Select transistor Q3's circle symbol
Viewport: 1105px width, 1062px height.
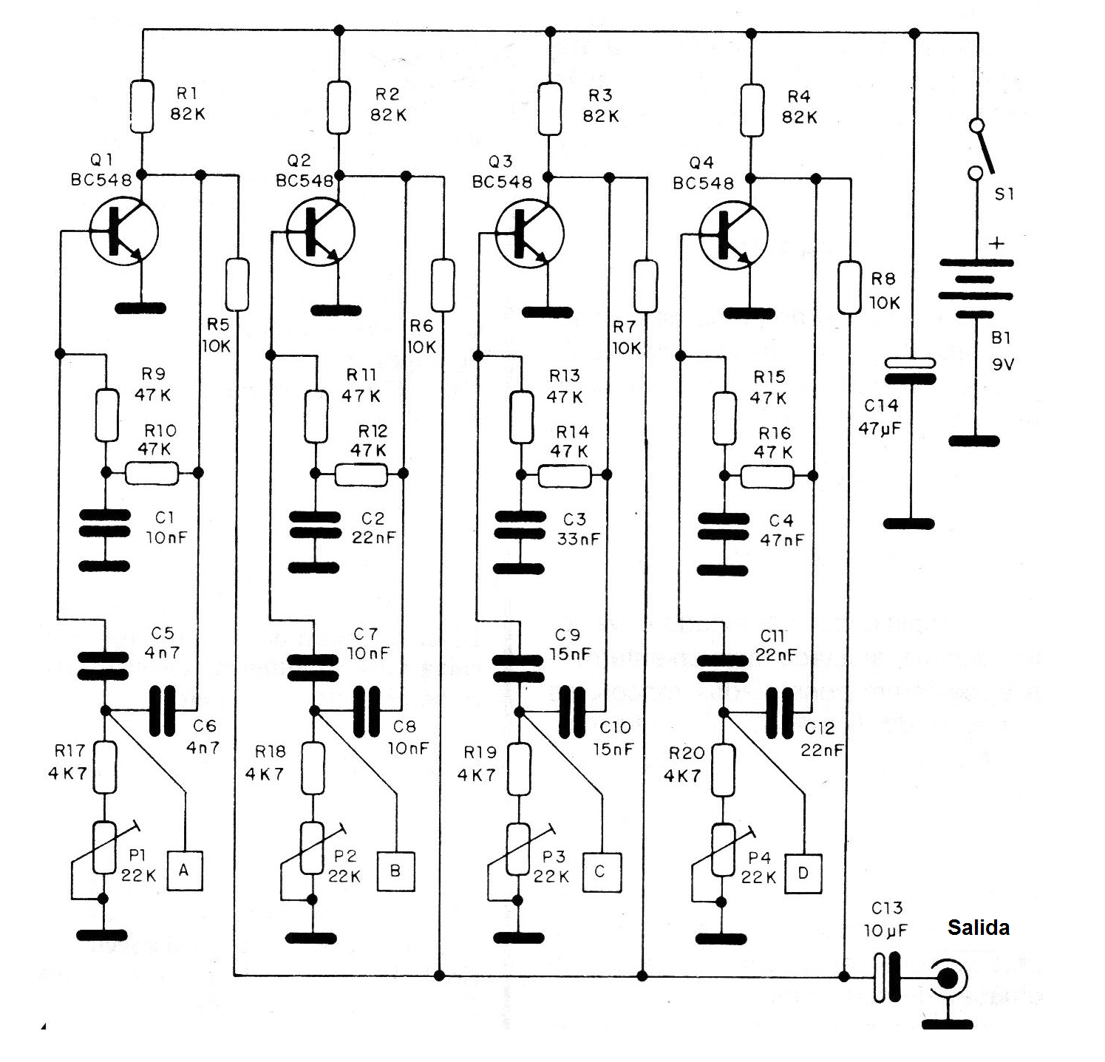pos(529,234)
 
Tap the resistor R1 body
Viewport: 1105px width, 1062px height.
pos(142,106)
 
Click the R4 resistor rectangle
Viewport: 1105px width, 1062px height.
pos(751,110)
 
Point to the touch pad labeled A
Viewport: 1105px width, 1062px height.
pos(184,870)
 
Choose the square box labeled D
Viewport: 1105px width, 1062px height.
pos(803,874)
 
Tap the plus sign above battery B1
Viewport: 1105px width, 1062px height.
pos(997,243)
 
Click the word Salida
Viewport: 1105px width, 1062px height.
pos(978,927)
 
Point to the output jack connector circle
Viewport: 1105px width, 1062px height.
pos(948,979)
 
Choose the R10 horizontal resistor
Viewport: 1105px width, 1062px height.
pos(152,473)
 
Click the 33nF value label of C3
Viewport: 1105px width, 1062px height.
pos(578,539)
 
